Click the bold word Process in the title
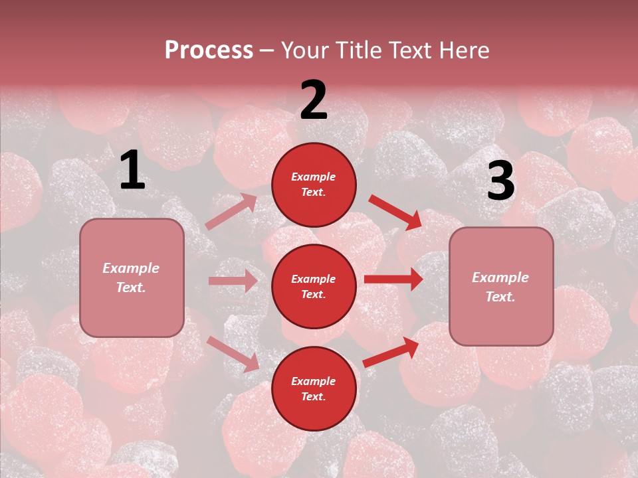pyautogui.click(x=209, y=50)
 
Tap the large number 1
pyautogui.click(x=132, y=171)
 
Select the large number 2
pyautogui.click(x=314, y=100)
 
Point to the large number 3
pyautogui.click(x=500, y=181)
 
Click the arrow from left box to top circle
pyautogui.click(x=231, y=211)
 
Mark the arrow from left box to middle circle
pyautogui.click(x=233, y=281)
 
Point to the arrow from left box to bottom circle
pyautogui.click(x=233, y=354)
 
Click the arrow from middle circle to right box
pyautogui.click(x=393, y=279)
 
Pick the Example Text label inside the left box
pyautogui.click(x=131, y=278)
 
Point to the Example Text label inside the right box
pyautogui.click(x=500, y=287)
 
